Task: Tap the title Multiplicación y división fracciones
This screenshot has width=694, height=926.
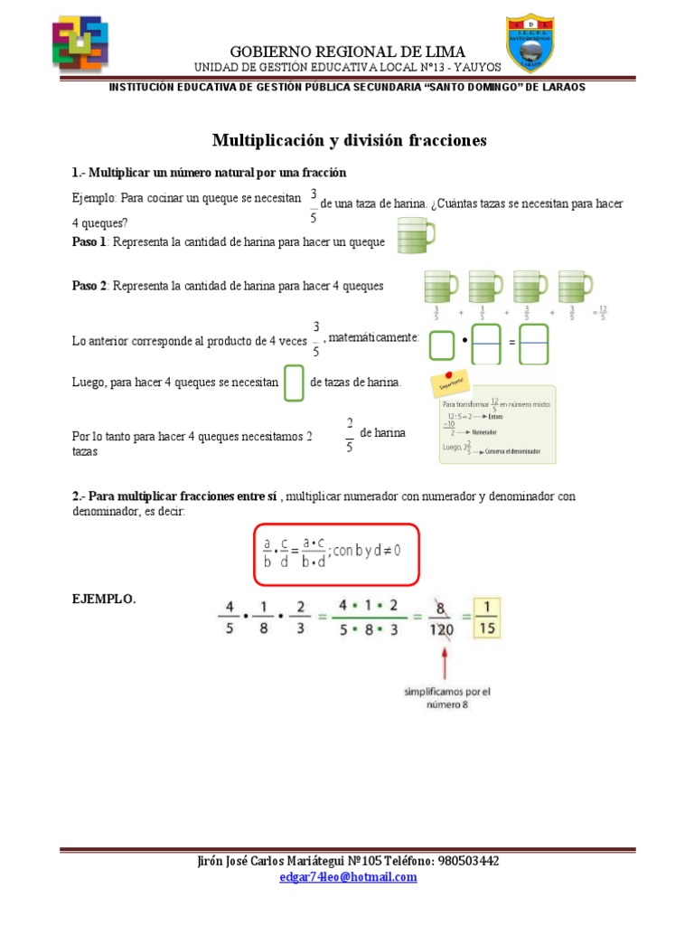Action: pyautogui.click(x=349, y=140)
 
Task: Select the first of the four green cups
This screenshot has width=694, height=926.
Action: pyautogui.click(x=441, y=287)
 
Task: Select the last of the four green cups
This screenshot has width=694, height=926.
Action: pyautogui.click(x=577, y=287)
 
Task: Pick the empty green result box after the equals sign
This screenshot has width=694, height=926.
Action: pyautogui.click(x=534, y=344)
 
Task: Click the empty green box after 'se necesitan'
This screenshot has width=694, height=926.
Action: pyautogui.click(x=294, y=383)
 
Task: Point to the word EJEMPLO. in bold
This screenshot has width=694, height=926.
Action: pyautogui.click(x=103, y=599)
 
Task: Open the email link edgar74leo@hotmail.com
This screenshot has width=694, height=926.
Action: pyautogui.click(x=348, y=876)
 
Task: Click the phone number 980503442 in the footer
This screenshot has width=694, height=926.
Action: pyautogui.click(x=466, y=861)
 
